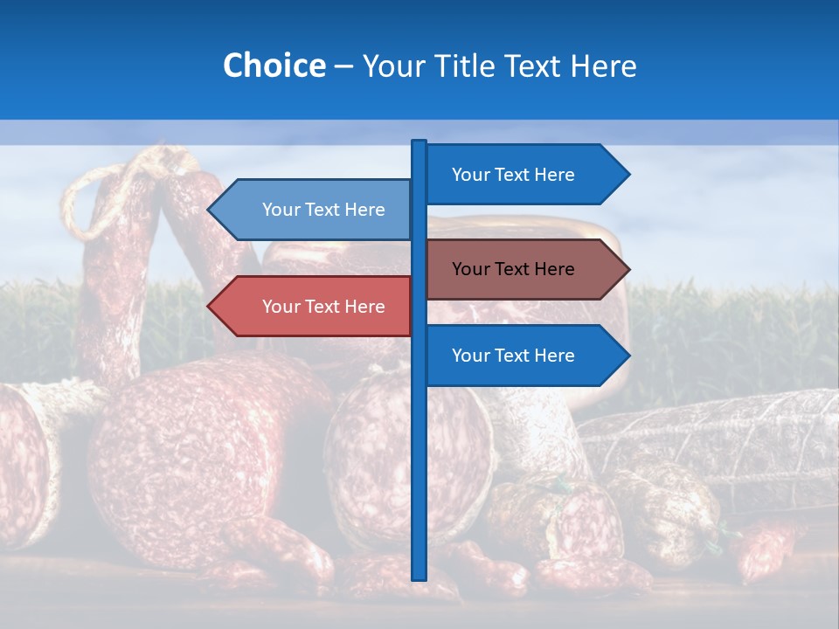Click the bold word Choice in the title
pos(274,66)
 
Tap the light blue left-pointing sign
pos(315,210)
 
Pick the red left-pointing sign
pos(315,307)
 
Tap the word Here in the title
pos(603,66)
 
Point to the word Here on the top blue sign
pos(555,175)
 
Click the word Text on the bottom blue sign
pos(513,356)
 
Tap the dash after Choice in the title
pos(343,66)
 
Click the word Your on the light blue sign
pos(281,210)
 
